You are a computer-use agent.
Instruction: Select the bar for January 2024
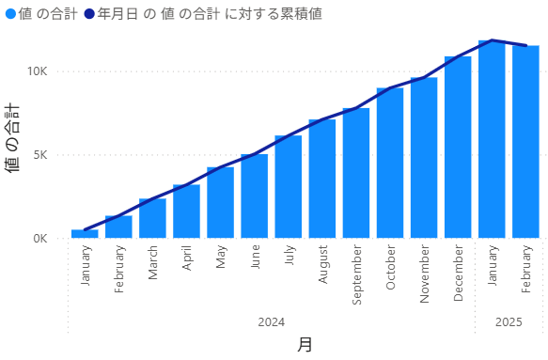(x=85, y=233)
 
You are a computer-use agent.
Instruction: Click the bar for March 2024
(x=152, y=218)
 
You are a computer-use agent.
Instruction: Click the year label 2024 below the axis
(x=271, y=322)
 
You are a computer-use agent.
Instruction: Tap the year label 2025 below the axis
(x=509, y=322)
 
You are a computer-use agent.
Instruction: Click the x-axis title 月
(x=305, y=345)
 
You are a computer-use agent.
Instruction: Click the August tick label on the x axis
(x=322, y=266)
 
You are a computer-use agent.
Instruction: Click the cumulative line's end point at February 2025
(x=525, y=45)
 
